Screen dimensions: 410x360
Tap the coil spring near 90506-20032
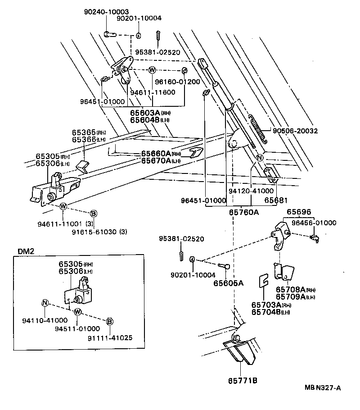(258, 128)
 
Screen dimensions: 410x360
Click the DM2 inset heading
(26, 251)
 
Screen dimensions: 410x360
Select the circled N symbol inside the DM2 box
(45, 302)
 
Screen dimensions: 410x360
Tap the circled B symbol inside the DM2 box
(109, 321)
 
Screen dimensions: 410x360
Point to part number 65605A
(228, 283)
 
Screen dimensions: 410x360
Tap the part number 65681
(275, 200)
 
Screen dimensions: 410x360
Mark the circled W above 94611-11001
(63, 206)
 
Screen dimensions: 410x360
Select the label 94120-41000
(251, 191)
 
